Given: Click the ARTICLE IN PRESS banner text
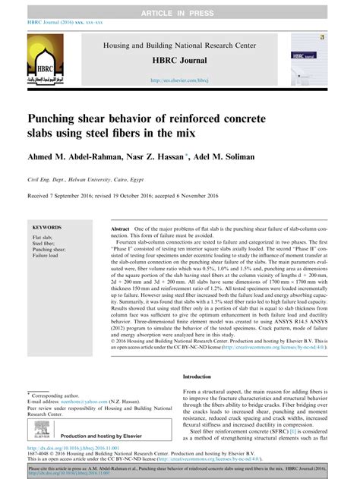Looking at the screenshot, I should (x=179, y=6).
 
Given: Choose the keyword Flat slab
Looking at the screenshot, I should (x=43, y=238).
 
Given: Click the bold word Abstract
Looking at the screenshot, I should (x=120, y=228).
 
